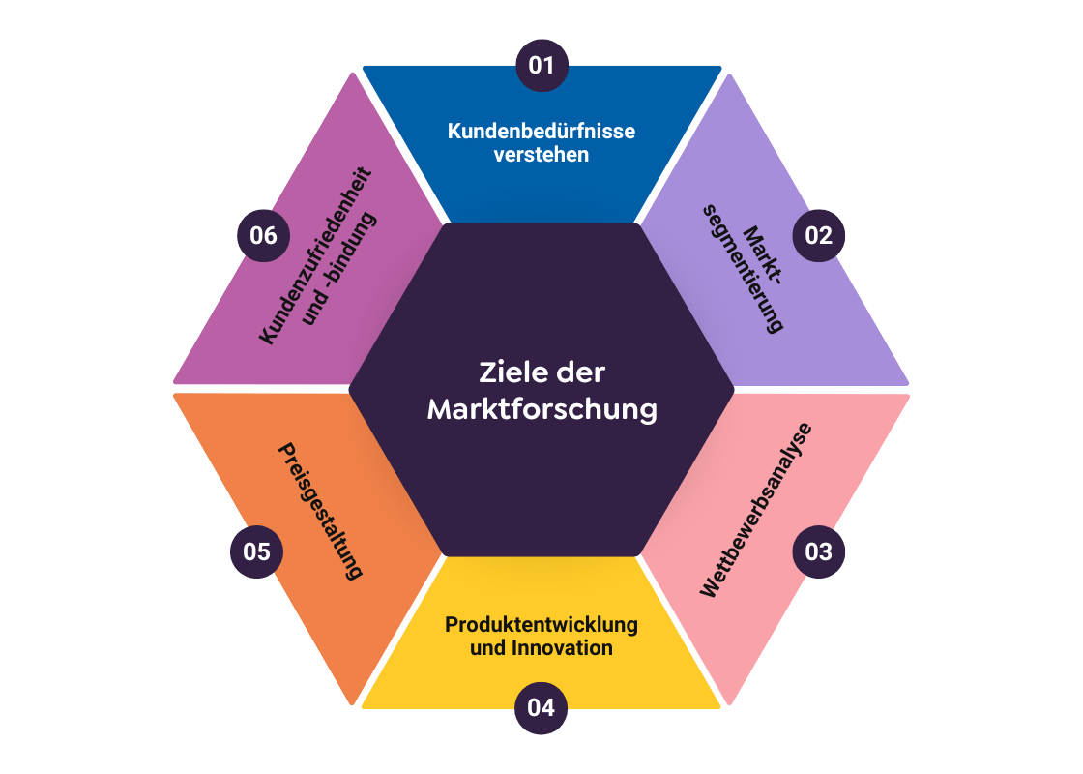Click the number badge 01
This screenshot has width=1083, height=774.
(541, 65)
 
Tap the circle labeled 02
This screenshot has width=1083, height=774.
(818, 235)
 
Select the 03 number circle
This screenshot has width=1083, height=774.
(818, 552)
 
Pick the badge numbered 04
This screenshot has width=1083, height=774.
(541, 708)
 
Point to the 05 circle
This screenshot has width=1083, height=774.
(256, 552)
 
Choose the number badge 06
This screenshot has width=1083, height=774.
(263, 235)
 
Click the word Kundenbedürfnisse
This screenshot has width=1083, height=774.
(541, 131)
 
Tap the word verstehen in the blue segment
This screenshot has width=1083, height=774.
(541, 154)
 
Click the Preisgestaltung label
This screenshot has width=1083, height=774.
(320, 510)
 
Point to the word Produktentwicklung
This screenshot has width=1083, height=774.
(541, 625)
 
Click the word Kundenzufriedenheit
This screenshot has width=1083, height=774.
(315, 256)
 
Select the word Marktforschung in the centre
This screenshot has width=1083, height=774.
(541, 409)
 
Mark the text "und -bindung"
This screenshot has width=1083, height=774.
(339, 271)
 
